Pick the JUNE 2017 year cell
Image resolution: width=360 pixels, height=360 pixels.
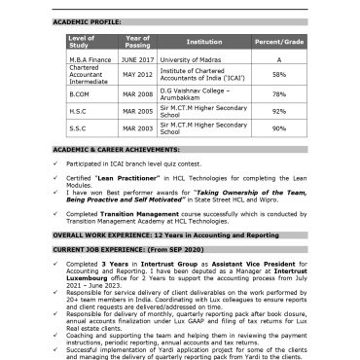(x=137, y=59)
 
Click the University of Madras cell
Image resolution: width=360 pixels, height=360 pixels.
(x=192, y=59)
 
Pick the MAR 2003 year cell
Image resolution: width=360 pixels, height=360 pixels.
(x=137, y=127)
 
